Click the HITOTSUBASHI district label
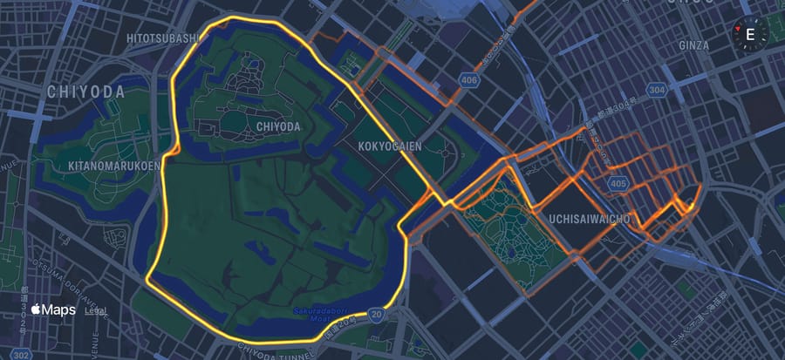tap(163, 38)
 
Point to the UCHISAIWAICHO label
tap(590, 218)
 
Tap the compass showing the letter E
tap(749, 35)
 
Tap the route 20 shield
tap(376, 312)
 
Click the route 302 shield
tap(22, 354)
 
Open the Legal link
tap(96, 310)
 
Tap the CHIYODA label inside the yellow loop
tap(278, 126)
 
